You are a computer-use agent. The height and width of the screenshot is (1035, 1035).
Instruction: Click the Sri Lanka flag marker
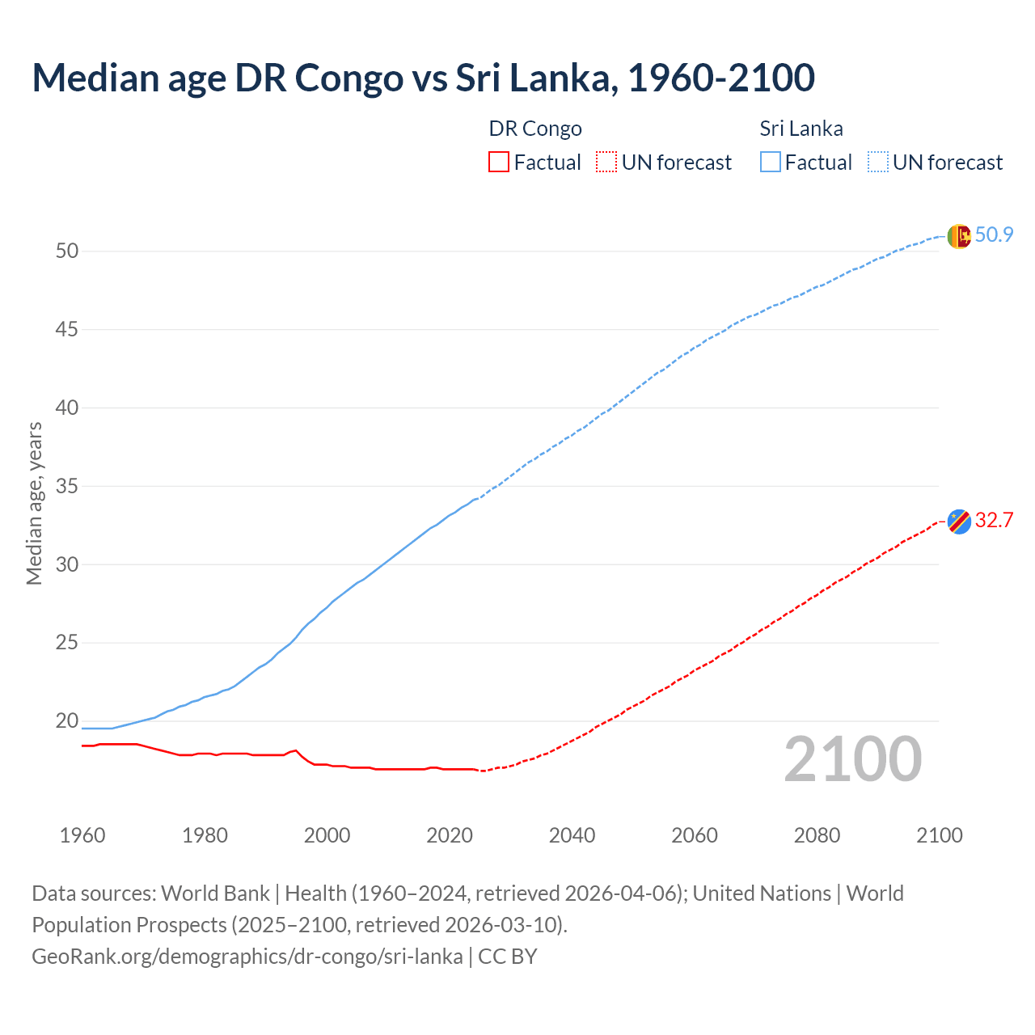[x=958, y=236]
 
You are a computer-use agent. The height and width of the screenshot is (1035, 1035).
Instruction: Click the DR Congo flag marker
[x=958, y=522]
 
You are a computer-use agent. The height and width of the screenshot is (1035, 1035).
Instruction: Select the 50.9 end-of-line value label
[x=994, y=235]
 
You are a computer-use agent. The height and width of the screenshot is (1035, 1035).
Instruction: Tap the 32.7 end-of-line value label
[x=994, y=521]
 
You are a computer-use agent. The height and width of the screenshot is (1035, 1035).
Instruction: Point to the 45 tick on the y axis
[x=67, y=330]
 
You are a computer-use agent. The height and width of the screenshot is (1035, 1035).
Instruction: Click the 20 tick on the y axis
[x=67, y=721]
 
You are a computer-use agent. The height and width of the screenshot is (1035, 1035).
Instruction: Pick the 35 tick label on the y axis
[x=67, y=487]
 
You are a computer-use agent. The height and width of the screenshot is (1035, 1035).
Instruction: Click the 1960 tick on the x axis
[x=82, y=835]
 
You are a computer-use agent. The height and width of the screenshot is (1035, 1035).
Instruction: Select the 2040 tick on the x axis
[x=572, y=835]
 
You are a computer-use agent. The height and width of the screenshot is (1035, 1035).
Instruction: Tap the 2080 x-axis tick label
[x=817, y=835]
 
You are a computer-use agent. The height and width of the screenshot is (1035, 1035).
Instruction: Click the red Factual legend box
[x=499, y=163]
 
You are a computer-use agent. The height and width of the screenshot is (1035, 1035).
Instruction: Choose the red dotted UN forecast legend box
[x=606, y=163]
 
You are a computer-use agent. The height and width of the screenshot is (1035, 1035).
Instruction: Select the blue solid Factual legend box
[x=771, y=163]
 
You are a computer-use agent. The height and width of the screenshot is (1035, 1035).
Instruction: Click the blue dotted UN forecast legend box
[x=878, y=163]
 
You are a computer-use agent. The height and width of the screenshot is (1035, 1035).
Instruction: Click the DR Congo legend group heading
[x=535, y=129]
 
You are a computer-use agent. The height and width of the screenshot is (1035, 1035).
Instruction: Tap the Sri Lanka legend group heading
[x=801, y=129]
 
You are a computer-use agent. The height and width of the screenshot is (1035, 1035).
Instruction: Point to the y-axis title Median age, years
[x=34, y=503]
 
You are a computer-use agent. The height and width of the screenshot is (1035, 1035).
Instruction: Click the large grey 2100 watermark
[x=853, y=759]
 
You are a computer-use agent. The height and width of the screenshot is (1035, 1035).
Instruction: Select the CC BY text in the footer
[x=508, y=957]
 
